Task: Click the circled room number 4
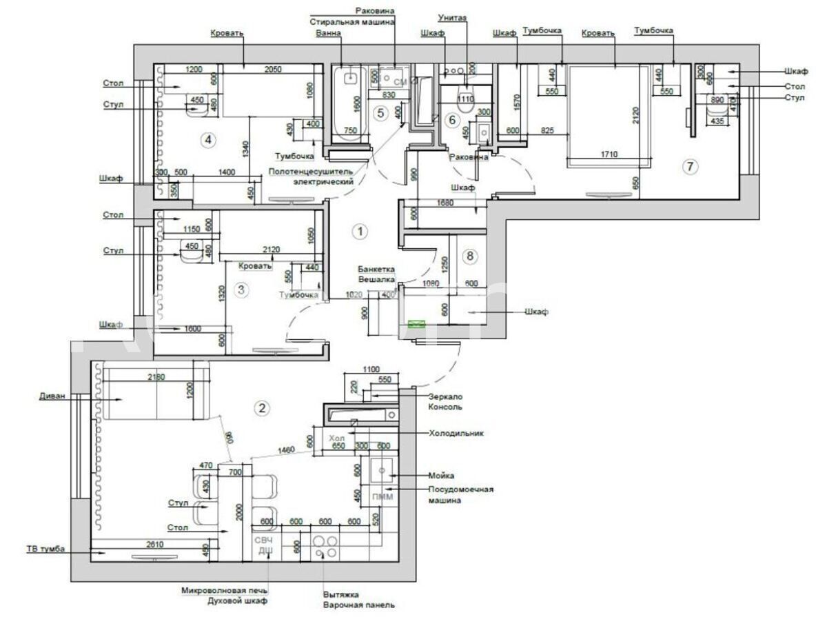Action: click(x=207, y=140)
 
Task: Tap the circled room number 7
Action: click(x=690, y=165)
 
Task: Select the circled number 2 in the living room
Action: click(x=261, y=407)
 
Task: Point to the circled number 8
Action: click(x=470, y=256)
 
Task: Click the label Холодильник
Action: click(x=456, y=434)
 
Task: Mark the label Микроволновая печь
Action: click(x=225, y=591)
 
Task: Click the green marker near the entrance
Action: click(x=416, y=322)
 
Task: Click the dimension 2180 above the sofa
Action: click(x=157, y=376)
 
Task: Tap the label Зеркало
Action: click(x=445, y=396)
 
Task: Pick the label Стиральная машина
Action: click(x=352, y=21)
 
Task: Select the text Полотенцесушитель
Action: click(x=311, y=171)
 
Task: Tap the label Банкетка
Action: click(x=376, y=270)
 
